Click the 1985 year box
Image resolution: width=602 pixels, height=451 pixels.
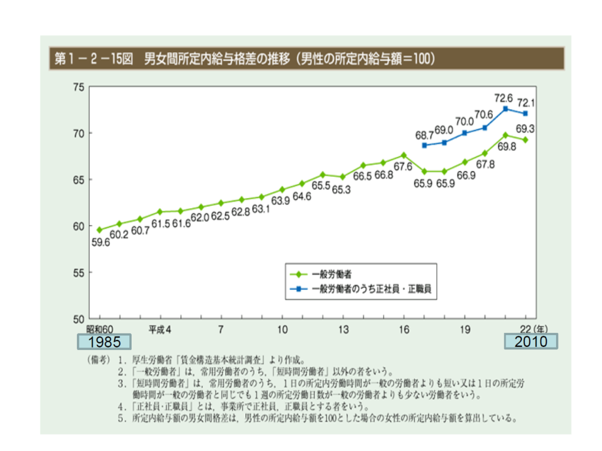tap(105, 342)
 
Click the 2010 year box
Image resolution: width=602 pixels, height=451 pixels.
tap(531, 342)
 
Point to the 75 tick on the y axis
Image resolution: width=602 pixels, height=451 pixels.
tap(79, 87)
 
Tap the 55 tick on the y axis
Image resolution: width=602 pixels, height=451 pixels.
tap(79, 273)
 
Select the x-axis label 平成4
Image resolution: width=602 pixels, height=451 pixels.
tap(159, 330)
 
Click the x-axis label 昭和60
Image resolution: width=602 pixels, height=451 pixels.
tap(99, 330)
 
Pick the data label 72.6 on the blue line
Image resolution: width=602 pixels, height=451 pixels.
tap(505, 98)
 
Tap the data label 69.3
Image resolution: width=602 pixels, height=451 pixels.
tap(526, 128)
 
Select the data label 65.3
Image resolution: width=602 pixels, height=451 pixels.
tap(343, 190)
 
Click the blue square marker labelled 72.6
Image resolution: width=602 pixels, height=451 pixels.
tap(505, 109)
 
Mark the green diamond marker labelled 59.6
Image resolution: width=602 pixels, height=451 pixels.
tap(99, 230)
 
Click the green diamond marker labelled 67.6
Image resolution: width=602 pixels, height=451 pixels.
tap(403, 155)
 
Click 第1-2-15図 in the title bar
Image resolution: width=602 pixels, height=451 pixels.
tap(93, 59)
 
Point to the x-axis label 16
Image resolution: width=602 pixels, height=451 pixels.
tap(403, 330)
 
